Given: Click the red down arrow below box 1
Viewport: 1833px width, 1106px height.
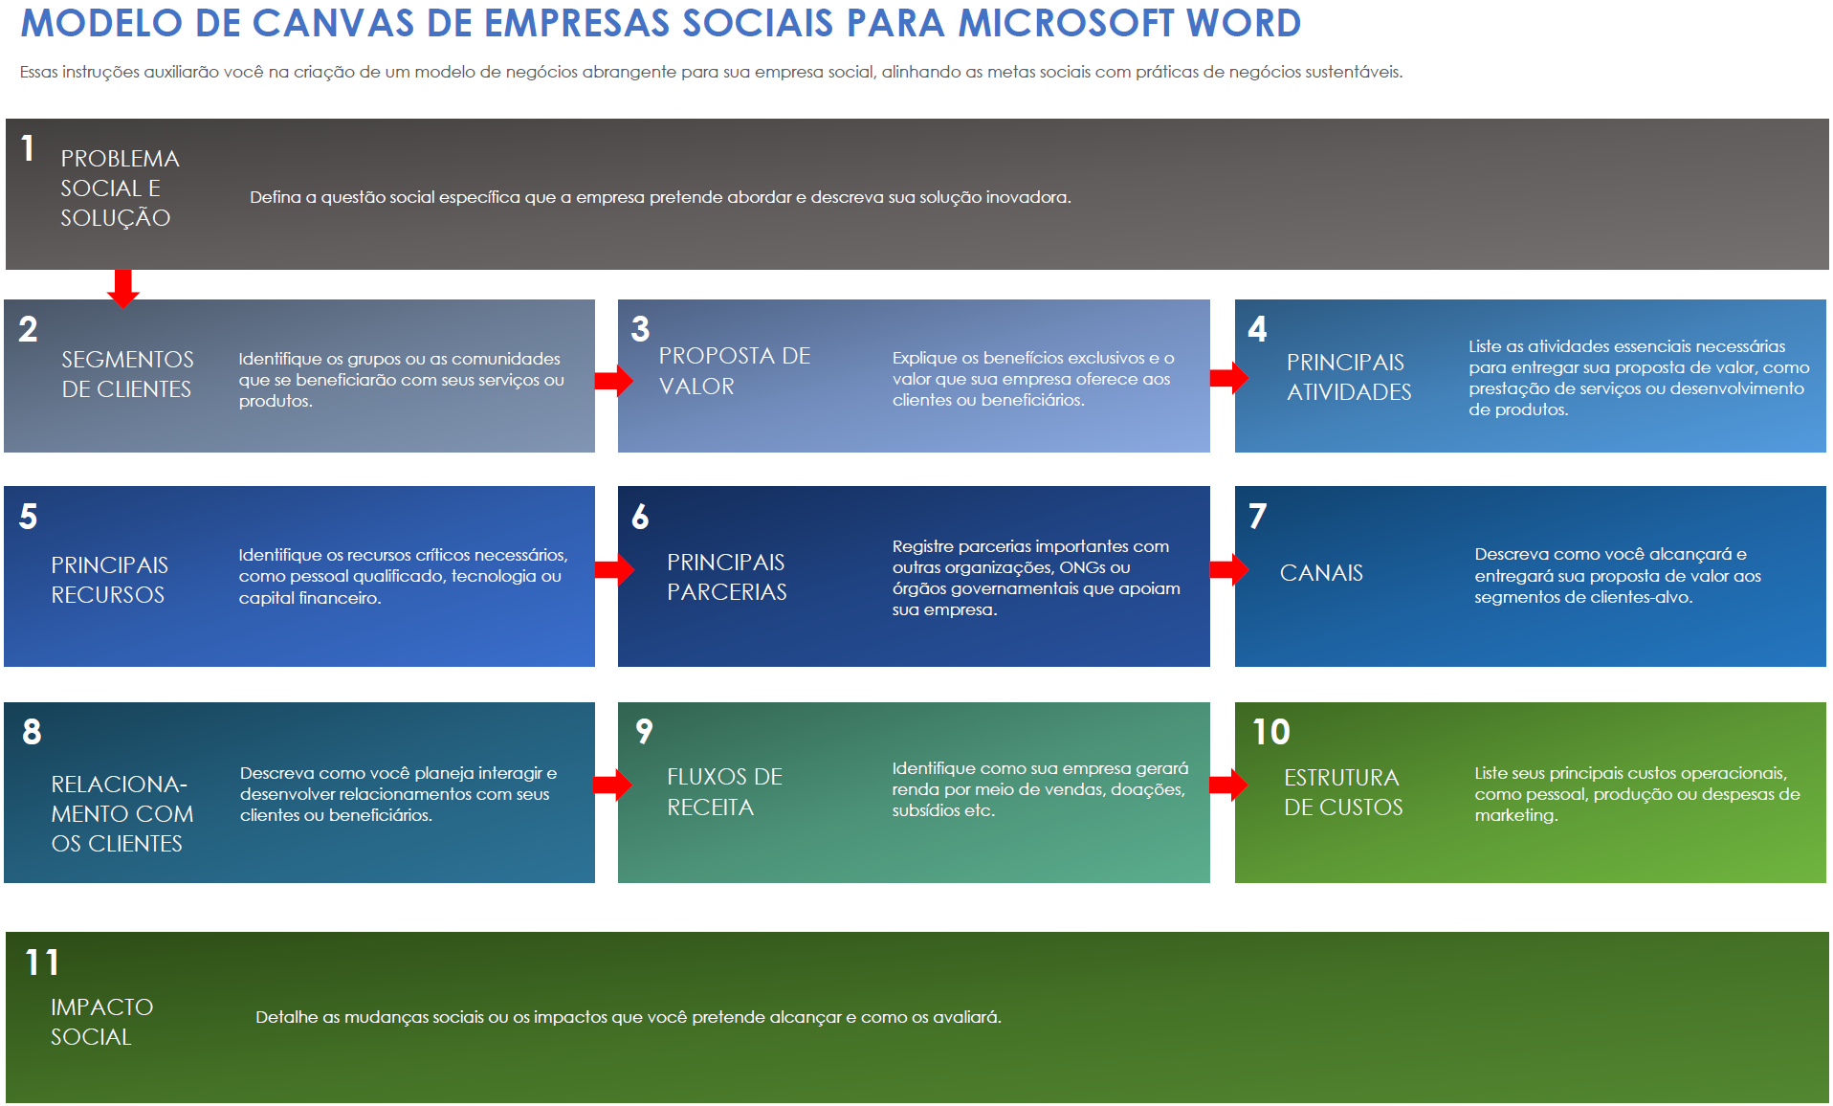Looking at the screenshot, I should (x=122, y=288).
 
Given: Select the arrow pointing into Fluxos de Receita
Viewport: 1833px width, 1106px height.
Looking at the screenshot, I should (x=612, y=785).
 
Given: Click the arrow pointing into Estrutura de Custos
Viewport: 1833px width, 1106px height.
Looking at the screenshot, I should (x=1228, y=785).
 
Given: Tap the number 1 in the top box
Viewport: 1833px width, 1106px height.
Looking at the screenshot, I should (x=28, y=148).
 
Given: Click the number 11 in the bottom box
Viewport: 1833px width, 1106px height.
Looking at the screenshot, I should (x=42, y=962).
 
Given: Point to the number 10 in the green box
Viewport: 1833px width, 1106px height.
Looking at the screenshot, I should (x=1271, y=732).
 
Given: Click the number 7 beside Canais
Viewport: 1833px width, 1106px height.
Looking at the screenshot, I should (x=1258, y=517).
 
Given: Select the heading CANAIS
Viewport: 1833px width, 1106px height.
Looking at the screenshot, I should (x=1321, y=573).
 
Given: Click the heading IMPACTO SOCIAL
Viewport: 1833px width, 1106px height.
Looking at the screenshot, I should (x=101, y=1022).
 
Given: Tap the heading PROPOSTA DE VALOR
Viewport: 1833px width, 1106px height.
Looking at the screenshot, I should (x=734, y=371).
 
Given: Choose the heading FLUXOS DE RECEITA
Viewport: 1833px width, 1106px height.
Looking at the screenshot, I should (x=724, y=792).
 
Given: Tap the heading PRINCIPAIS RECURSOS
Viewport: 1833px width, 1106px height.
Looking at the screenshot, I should (x=109, y=580).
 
